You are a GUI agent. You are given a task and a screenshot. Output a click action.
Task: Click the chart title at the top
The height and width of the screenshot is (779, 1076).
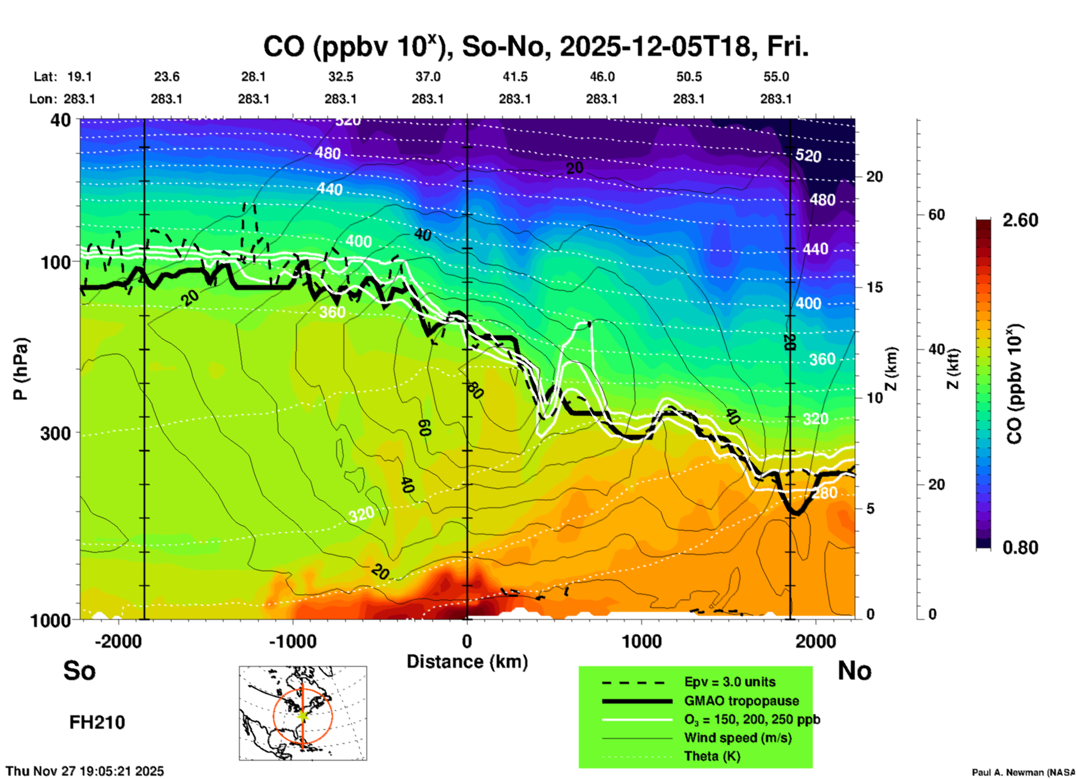click(535, 47)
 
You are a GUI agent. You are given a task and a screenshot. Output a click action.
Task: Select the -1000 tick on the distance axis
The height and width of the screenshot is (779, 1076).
click(292, 641)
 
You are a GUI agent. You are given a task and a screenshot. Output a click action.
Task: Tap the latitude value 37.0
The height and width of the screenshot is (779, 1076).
click(427, 77)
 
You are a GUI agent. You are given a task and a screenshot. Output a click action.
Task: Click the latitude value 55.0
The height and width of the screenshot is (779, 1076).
click(775, 77)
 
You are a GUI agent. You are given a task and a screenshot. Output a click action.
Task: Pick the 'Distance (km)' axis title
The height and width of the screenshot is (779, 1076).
click(467, 662)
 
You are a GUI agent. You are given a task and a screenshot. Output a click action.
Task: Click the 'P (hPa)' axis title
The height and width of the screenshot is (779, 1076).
click(20, 369)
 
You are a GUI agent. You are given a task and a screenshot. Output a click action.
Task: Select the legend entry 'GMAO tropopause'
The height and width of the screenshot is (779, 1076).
click(741, 701)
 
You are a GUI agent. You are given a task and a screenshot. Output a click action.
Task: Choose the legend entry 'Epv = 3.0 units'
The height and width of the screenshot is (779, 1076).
click(729, 682)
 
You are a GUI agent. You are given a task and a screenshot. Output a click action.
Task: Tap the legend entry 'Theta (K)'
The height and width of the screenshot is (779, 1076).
click(712, 756)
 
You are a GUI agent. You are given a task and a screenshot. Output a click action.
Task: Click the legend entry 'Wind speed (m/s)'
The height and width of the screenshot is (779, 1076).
click(737, 738)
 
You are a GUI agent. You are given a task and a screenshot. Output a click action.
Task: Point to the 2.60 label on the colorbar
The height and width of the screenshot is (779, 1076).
click(1020, 220)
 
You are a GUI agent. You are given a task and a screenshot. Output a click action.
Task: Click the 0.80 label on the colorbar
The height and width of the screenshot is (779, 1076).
click(1020, 547)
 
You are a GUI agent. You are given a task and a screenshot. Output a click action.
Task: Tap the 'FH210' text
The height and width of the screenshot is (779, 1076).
click(97, 723)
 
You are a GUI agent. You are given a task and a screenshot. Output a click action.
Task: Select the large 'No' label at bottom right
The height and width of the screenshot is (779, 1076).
click(854, 671)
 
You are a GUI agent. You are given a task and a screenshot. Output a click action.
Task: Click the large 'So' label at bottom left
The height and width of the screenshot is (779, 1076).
click(79, 671)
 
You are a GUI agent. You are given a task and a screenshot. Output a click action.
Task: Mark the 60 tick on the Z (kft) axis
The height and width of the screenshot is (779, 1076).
click(936, 215)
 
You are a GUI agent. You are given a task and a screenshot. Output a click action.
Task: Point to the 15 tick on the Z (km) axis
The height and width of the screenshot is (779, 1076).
click(874, 287)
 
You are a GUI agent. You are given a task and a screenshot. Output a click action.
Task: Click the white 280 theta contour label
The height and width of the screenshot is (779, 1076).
click(825, 493)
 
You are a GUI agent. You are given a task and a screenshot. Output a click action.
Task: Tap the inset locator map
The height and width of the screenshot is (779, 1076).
click(303, 712)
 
